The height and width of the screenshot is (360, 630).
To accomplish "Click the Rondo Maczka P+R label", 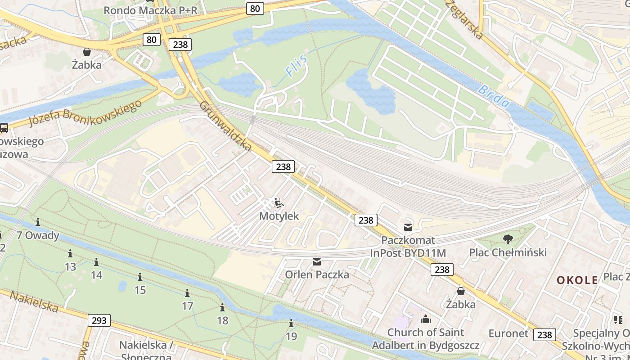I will point(150,10).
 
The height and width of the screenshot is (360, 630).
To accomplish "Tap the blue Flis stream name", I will point(297,64).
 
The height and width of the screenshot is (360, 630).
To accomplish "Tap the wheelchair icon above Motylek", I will point(279,203).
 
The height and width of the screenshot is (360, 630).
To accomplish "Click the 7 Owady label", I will point(38,235).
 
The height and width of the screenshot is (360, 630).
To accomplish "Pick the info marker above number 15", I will point(140,277).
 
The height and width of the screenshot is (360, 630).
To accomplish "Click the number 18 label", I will point(222,320).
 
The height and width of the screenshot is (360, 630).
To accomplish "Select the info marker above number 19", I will point(291,323).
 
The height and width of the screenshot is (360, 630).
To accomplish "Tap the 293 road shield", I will point(99,320).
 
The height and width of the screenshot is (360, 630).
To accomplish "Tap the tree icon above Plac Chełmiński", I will point(508,239).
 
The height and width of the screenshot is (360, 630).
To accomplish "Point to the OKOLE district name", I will point(577,280).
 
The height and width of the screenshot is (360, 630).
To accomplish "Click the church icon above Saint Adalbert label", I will point(425,319).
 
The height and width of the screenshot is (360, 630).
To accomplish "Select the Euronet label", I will point(508,333).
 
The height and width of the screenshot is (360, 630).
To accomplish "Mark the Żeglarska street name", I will point(464,19).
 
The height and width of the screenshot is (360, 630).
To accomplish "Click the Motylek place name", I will point(279,216).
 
